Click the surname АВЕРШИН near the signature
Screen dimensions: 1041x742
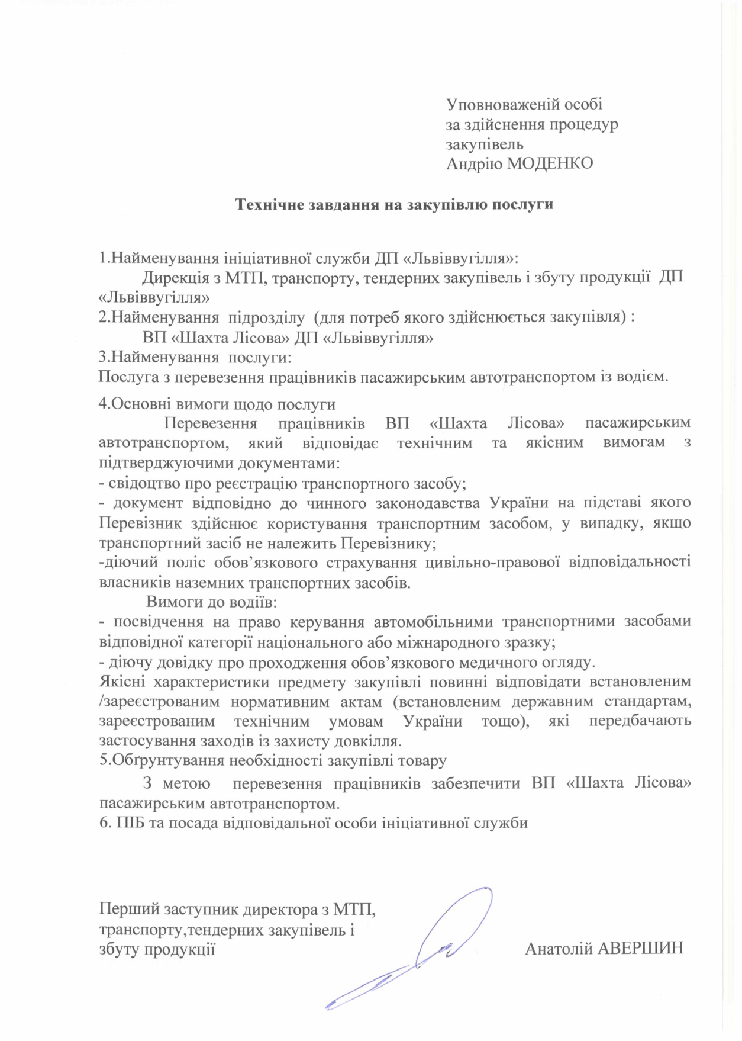pos(641,948)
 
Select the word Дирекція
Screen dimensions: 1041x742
pos(175,277)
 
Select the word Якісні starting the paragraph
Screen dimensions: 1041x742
pos(121,682)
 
